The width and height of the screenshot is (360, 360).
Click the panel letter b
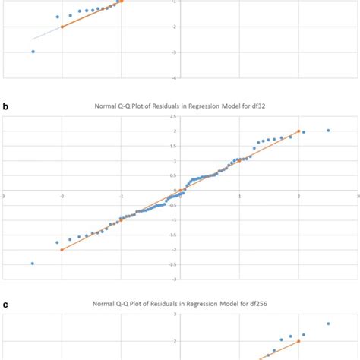tap(6, 108)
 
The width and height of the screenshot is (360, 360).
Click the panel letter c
tap(6, 305)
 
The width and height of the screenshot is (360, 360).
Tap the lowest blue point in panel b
tap(33, 264)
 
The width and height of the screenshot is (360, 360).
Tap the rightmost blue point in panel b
tap(328, 131)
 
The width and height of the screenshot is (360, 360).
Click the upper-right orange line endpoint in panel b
tap(298, 131)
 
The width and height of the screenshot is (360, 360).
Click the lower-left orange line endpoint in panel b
tap(62, 249)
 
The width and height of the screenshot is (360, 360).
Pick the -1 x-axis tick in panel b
tap(122, 194)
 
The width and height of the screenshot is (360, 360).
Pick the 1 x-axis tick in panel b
tap(239, 194)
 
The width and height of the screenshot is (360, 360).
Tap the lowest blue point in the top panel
tap(33, 52)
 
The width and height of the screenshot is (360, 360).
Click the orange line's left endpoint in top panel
tap(62, 27)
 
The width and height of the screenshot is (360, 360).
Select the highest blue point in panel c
tap(328, 324)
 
